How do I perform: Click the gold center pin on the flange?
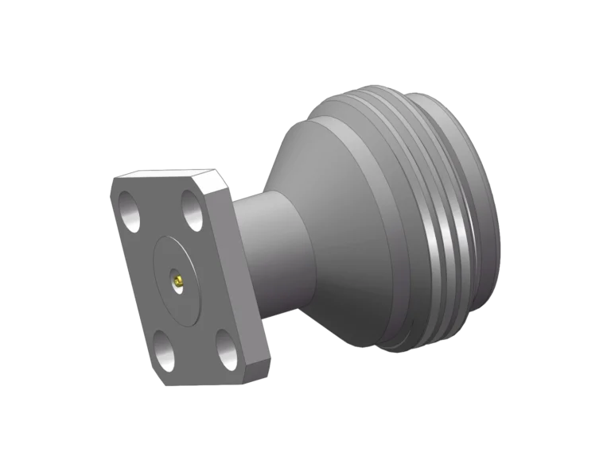[178, 280]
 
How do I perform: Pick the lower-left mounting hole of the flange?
[165, 350]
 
